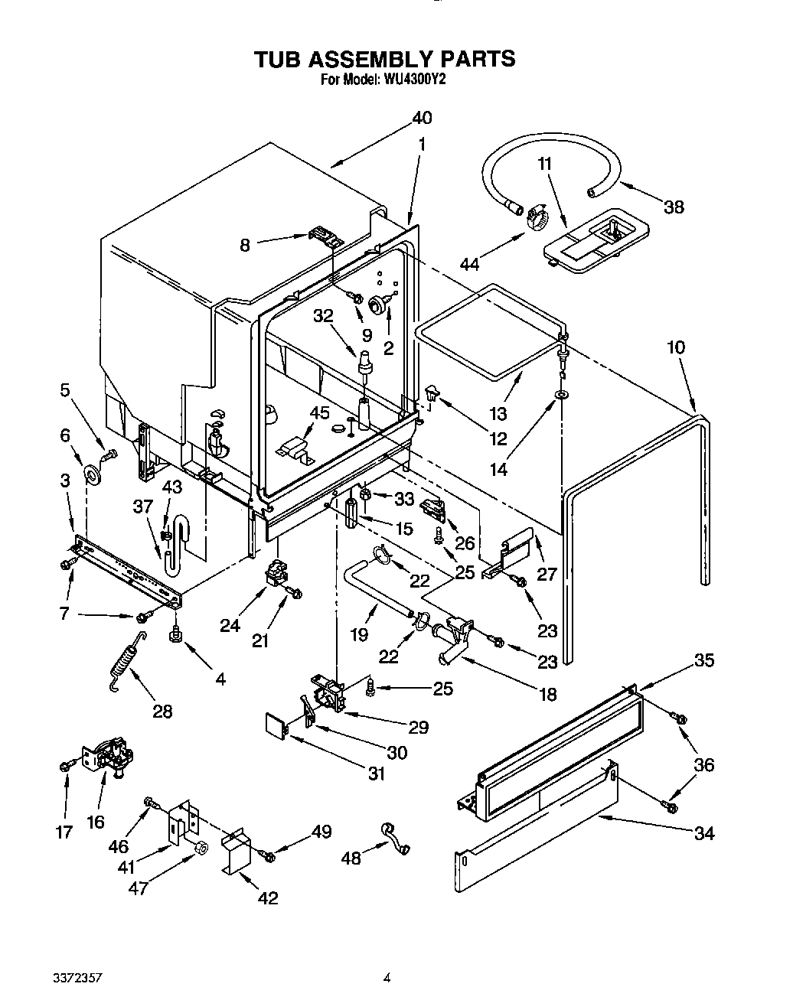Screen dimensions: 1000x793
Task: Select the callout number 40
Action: point(422,118)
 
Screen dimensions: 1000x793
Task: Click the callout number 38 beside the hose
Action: point(674,207)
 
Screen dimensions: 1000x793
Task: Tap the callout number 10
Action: point(675,348)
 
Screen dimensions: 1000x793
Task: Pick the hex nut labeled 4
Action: point(176,634)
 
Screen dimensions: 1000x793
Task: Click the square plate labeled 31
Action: point(275,725)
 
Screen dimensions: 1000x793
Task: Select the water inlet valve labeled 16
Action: point(107,757)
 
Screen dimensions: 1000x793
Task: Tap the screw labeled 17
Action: point(65,765)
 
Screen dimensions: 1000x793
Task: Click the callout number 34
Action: point(703,833)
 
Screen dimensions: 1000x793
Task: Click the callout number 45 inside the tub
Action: point(319,413)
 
